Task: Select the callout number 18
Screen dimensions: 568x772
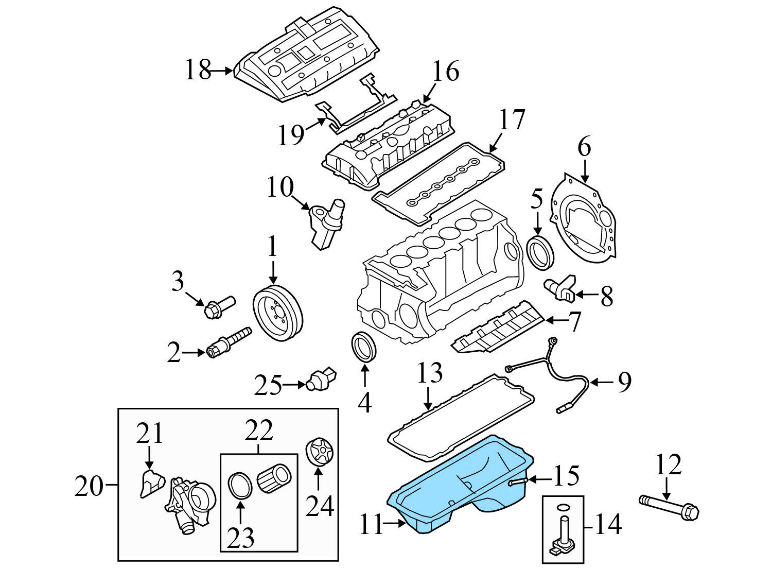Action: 198,70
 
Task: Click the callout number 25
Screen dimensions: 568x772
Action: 268,385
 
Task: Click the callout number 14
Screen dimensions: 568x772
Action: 608,525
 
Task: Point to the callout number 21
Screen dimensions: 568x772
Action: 149,433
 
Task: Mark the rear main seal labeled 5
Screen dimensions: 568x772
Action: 542,252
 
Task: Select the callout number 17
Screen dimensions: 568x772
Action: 512,120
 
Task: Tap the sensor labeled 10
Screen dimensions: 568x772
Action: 326,223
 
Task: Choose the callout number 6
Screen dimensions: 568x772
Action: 584,148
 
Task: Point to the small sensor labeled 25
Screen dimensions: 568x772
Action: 321,380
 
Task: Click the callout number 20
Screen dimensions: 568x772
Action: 89,485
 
